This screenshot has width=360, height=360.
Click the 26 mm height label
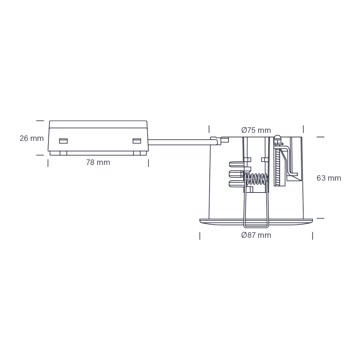tap(32, 138)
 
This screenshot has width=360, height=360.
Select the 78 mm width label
tap(98, 163)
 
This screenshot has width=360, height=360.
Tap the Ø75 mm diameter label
tap(256, 130)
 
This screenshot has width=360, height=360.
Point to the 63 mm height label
tap(329, 178)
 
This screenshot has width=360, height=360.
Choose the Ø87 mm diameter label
tap(256, 235)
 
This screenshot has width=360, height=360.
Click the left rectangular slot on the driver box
tap(63, 141)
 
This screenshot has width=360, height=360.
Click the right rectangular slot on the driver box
tap(137, 141)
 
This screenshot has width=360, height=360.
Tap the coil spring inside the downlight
tap(256, 180)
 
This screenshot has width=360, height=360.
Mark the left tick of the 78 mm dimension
tap(48, 163)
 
